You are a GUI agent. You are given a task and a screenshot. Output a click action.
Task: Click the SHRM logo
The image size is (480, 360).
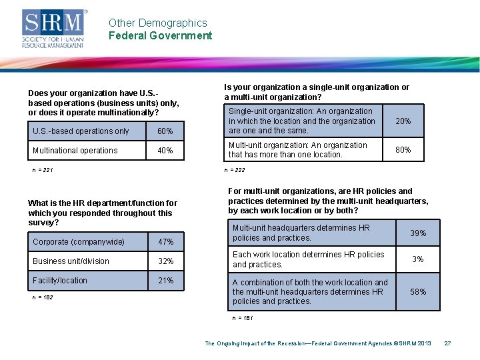click(54, 29)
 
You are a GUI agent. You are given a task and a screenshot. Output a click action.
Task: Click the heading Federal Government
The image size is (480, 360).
click(160, 36)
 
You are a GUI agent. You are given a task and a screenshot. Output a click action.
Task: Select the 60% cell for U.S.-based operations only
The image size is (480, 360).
click(165, 131)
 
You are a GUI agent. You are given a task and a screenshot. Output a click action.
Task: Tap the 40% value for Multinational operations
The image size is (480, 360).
click(165, 151)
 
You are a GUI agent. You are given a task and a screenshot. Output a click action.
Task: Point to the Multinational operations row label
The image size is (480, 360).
click(75, 151)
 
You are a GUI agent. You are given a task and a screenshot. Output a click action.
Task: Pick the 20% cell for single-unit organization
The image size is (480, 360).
click(403, 121)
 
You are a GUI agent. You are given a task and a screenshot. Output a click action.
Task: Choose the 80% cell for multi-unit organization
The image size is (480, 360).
click(403, 150)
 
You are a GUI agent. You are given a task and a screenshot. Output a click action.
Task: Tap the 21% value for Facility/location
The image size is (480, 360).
click(165, 281)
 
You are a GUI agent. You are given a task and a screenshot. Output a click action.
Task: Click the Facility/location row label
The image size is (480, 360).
click(60, 281)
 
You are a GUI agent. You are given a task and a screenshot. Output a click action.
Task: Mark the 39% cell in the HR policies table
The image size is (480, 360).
click(418, 233)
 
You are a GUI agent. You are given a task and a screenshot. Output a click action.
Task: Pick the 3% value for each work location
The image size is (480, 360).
click(418, 259)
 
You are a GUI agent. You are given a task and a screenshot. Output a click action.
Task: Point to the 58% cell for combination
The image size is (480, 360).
click(418, 292)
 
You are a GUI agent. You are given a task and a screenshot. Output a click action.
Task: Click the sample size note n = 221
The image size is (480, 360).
click(43, 171)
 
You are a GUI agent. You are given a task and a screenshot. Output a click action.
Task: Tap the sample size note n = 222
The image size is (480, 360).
click(235, 171)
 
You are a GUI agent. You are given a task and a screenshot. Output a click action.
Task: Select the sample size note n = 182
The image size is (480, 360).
click(43, 297)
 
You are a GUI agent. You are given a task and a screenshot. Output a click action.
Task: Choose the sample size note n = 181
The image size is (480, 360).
click(243, 319)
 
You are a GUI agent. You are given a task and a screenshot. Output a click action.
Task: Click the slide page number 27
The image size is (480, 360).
click(448, 343)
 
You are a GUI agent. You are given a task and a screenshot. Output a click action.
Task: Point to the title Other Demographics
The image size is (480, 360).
click(158, 23)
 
